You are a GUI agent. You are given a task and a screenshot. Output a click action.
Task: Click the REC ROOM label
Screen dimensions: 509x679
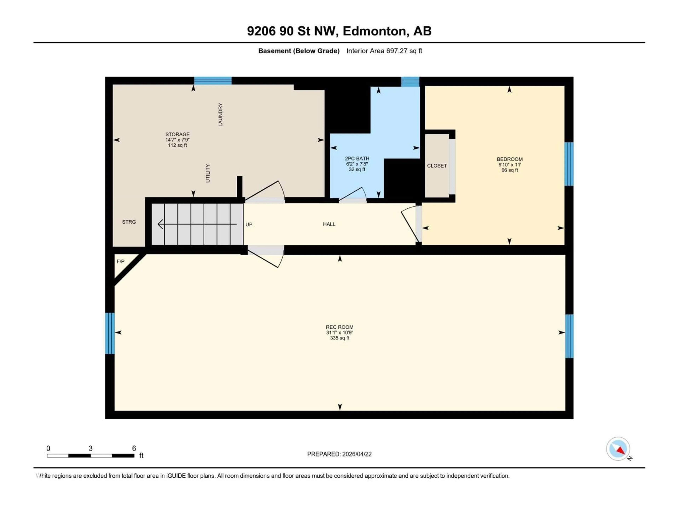(x=339, y=327)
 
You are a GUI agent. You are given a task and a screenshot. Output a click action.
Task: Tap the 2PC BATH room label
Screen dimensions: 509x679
(x=357, y=159)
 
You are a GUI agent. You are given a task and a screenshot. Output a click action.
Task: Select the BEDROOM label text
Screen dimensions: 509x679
(x=510, y=159)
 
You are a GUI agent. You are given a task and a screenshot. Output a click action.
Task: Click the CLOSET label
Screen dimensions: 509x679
(x=437, y=166)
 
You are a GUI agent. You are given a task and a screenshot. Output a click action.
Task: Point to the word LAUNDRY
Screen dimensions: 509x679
(x=220, y=115)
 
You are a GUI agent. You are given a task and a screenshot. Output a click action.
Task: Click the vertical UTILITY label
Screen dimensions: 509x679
(x=208, y=173)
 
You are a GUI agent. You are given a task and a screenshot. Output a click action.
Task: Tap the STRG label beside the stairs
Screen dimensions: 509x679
(x=129, y=222)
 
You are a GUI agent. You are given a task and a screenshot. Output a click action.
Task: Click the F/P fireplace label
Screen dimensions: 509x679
(x=121, y=261)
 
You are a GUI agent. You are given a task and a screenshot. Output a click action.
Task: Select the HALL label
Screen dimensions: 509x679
(x=329, y=224)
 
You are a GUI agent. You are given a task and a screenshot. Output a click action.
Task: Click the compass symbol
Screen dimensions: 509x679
(x=618, y=449)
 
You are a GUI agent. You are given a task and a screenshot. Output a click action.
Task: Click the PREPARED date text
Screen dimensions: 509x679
(x=339, y=454)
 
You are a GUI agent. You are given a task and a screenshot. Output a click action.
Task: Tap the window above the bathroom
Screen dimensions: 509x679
(x=410, y=82)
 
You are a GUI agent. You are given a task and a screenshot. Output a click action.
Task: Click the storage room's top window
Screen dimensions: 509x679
(x=213, y=81)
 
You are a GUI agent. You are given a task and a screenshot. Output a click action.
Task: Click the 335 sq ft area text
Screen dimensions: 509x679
(x=339, y=338)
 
